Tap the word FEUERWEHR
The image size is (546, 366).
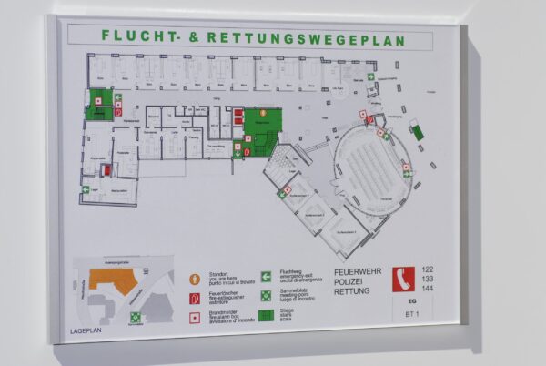359,272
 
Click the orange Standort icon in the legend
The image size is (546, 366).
194,280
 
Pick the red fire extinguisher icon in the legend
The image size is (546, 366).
194,299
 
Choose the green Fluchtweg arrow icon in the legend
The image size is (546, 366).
267,277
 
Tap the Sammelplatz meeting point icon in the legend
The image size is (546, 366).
267,296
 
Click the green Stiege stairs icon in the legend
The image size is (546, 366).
267,316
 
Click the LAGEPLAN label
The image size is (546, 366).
87,330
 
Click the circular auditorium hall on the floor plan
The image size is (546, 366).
373,168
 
